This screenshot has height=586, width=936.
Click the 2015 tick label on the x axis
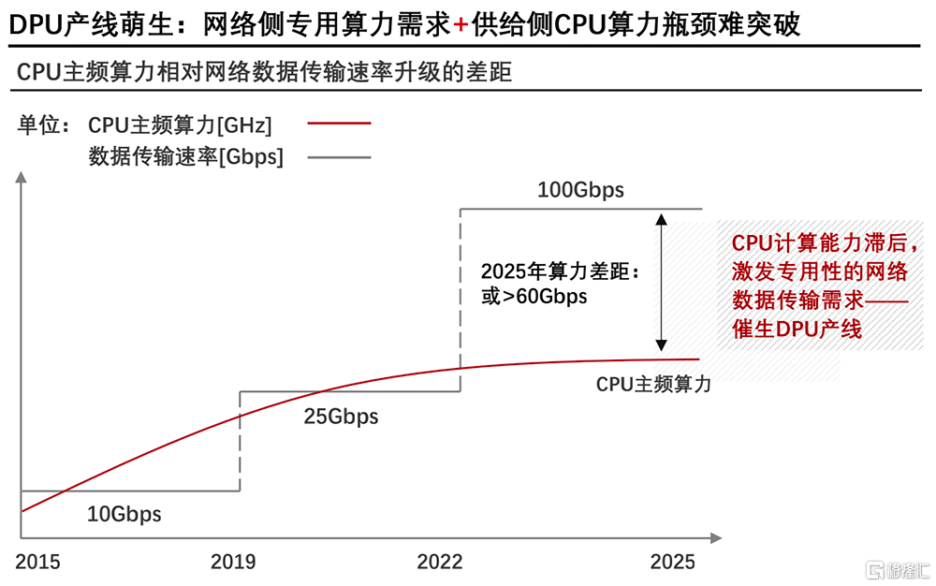tap(37, 562)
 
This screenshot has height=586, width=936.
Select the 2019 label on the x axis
tap(233, 562)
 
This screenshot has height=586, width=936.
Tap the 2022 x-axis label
tap(440, 562)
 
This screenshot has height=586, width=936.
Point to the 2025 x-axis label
tap(673, 562)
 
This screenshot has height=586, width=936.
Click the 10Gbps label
tap(124, 514)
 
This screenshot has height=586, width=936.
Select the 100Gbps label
tap(580, 191)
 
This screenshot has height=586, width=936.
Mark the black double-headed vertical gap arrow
tap(662, 281)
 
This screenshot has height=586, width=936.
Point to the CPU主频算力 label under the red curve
tap(653, 384)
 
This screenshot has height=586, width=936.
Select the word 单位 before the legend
tap(37, 124)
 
